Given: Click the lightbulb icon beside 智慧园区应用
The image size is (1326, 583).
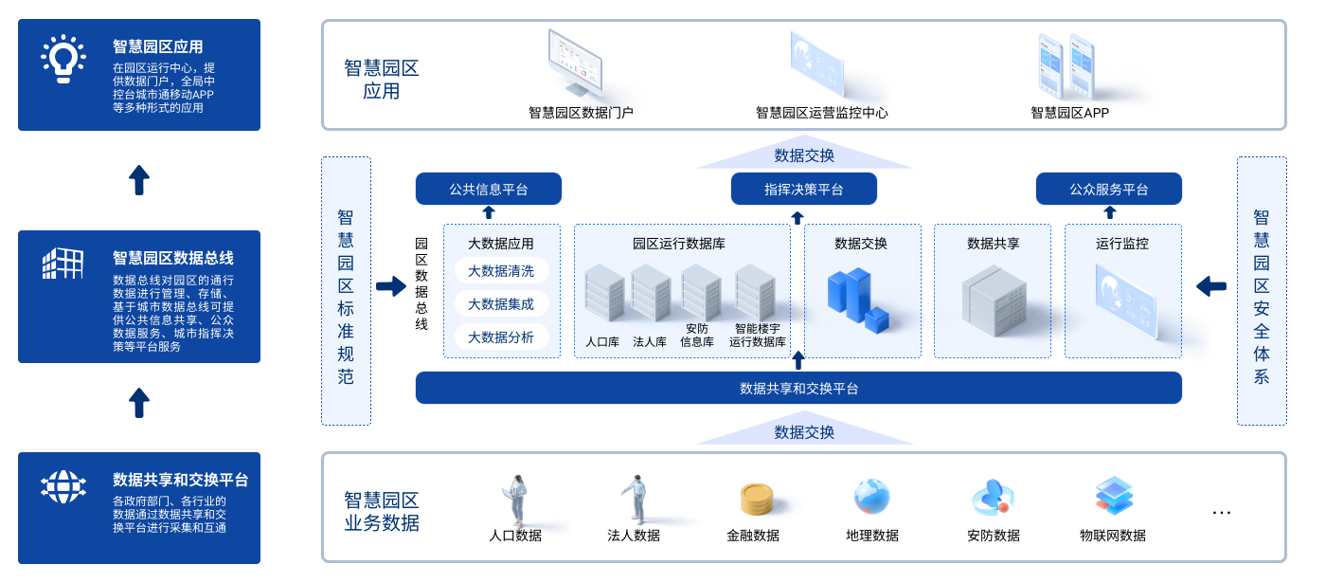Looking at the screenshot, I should (x=63, y=59).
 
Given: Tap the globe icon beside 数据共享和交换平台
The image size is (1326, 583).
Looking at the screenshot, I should (x=63, y=486).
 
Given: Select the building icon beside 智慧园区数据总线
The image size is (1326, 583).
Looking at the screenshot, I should (x=63, y=263).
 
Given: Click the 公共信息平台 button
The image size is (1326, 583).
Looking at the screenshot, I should (x=489, y=189).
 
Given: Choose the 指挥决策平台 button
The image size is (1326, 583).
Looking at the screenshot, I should (x=804, y=189).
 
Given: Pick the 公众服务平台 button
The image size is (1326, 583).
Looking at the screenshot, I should (x=1109, y=189).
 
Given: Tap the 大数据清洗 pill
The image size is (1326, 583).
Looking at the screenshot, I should (x=501, y=271).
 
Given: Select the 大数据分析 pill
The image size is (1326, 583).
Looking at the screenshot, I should (x=501, y=337).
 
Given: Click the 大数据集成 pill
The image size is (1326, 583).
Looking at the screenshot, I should (x=501, y=304).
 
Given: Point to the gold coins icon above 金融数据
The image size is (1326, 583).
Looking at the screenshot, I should (x=756, y=499).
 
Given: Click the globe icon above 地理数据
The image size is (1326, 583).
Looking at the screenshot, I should (x=871, y=497).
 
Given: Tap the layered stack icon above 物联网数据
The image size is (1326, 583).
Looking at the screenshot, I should (x=1114, y=496).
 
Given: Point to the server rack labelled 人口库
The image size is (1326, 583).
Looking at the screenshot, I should (x=603, y=293).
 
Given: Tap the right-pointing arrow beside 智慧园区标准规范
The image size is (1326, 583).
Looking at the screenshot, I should (x=390, y=285).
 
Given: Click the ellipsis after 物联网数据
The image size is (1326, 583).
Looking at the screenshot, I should (x=1222, y=513).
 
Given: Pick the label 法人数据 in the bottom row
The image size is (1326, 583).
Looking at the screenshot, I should (x=634, y=536).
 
